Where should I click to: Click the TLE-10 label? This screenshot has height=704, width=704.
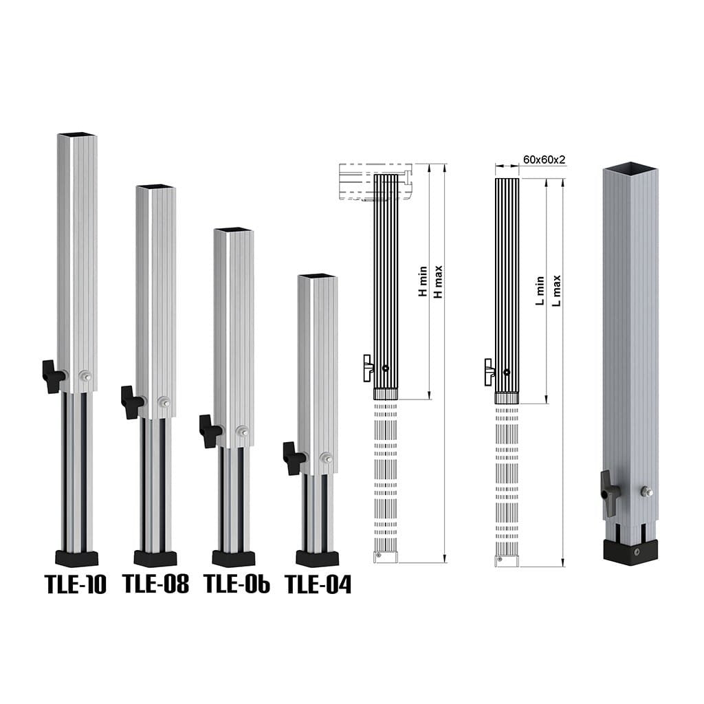coord(76,584)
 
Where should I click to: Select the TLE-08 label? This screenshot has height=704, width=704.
coord(156,583)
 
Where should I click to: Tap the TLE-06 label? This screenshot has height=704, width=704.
coord(236,583)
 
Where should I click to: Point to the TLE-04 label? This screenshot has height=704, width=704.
coord(318,584)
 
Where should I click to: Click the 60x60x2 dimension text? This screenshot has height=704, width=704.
coord(544,159)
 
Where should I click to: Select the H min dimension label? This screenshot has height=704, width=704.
coord(423,281)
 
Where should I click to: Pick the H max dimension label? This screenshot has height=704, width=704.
coord(438,281)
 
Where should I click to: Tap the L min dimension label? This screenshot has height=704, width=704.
coord(540,291)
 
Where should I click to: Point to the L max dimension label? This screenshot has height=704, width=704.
coord(556,291)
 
